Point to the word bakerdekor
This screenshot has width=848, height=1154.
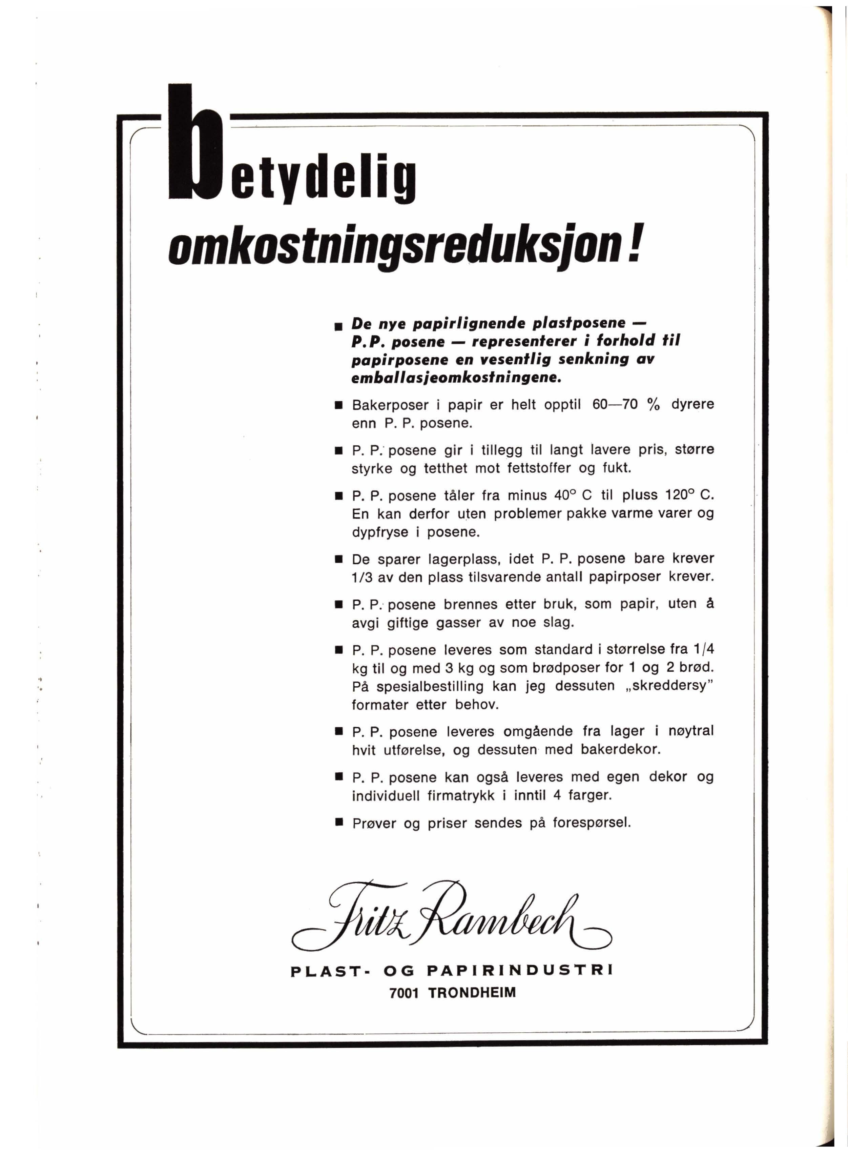pos(621,749)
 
